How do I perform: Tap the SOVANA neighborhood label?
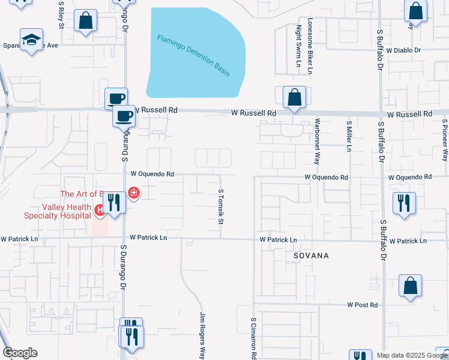click(x=311, y=256)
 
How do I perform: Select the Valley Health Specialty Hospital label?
click(x=49, y=211)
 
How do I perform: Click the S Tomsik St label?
click(x=221, y=208)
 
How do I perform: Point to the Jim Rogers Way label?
click(x=203, y=335)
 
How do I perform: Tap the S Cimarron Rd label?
click(x=254, y=338)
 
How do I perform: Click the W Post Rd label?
click(x=362, y=305)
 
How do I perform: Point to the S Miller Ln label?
click(x=349, y=136)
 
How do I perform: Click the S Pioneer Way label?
click(x=445, y=142)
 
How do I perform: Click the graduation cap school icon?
click(x=31, y=40)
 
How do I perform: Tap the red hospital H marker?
click(x=99, y=210)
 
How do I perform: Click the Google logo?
click(x=20, y=353)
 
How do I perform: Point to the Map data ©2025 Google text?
click(x=412, y=355)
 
